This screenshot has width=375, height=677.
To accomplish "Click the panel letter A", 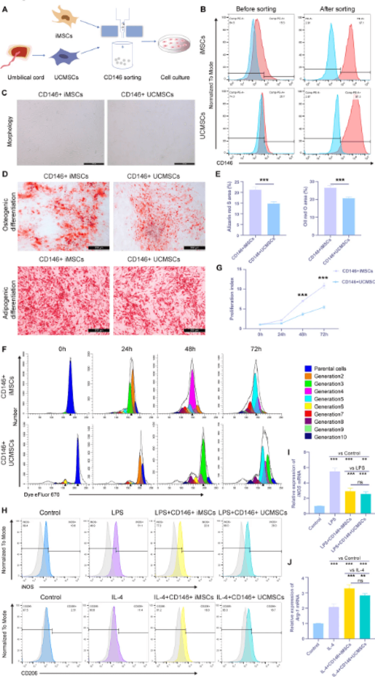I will [x=5, y=9].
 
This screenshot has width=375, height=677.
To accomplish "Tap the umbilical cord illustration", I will [x=17, y=55].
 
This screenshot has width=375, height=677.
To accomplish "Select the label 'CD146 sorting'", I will [x=122, y=77].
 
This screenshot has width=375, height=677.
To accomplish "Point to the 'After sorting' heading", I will [x=337, y=9].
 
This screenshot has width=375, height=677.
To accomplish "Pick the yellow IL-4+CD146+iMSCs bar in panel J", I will [x=349, y=613].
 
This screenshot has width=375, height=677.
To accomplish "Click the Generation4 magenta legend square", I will [x=308, y=391].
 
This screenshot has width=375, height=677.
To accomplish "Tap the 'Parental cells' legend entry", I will [x=330, y=368].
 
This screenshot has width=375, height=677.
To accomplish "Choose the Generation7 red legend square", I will [x=308, y=414].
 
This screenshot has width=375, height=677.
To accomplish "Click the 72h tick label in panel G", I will [x=324, y=334].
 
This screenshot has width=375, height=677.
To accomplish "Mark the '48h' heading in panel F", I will [x=190, y=349].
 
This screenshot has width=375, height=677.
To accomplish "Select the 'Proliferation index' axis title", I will [x=232, y=298].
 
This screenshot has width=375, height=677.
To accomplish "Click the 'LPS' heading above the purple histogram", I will [x=117, y=513].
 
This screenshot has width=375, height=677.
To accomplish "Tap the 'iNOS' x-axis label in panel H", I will [x=27, y=587].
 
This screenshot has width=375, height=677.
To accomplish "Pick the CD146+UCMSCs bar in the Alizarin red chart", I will [x=274, y=219].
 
